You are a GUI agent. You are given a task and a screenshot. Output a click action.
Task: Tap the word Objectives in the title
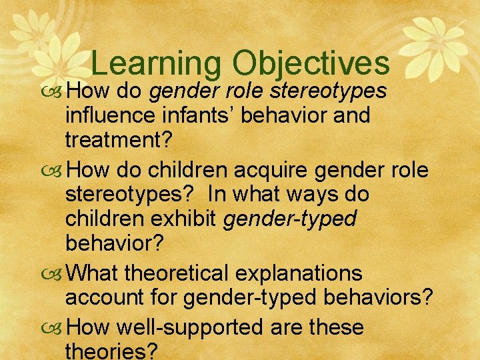[x=311, y=63]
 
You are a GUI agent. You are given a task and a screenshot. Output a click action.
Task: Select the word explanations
[x=309, y=273]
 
